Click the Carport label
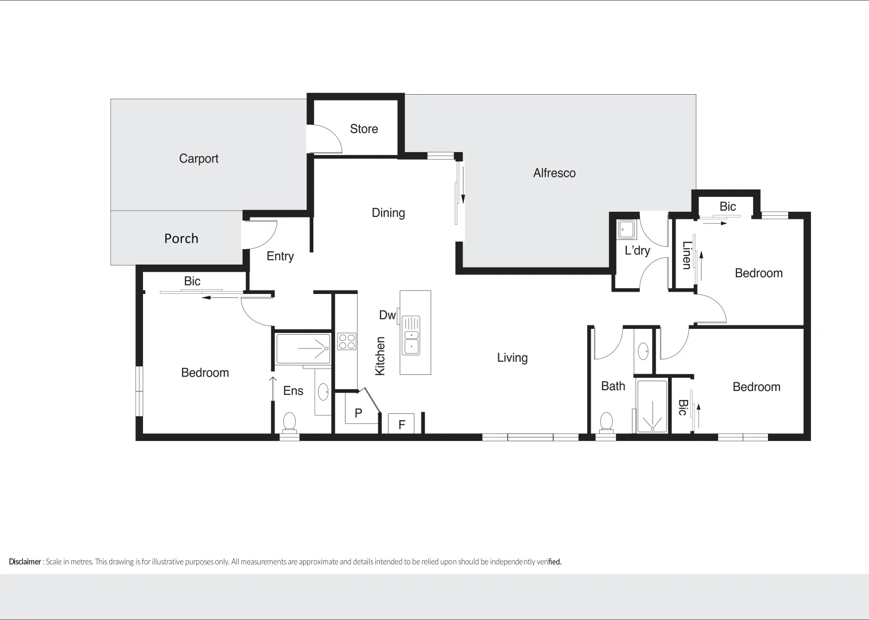(x=199, y=158)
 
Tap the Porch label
(x=181, y=238)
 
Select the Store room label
(x=364, y=129)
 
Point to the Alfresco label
(x=554, y=173)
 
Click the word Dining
(x=388, y=213)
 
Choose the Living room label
(x=512, y=358)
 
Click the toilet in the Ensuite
(x=289, y=422)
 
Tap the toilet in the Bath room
(x=606, y=423)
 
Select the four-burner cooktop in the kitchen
(x=347, y=342)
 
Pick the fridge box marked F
(x=402, y=424)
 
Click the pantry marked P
(x=359, y=412)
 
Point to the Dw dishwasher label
(x=387, y=315)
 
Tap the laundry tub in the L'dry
(x=626, y=230)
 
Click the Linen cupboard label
(x=686, y=255)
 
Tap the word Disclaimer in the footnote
(x=25, y=561)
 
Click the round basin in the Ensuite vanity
(x=323, y=392)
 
